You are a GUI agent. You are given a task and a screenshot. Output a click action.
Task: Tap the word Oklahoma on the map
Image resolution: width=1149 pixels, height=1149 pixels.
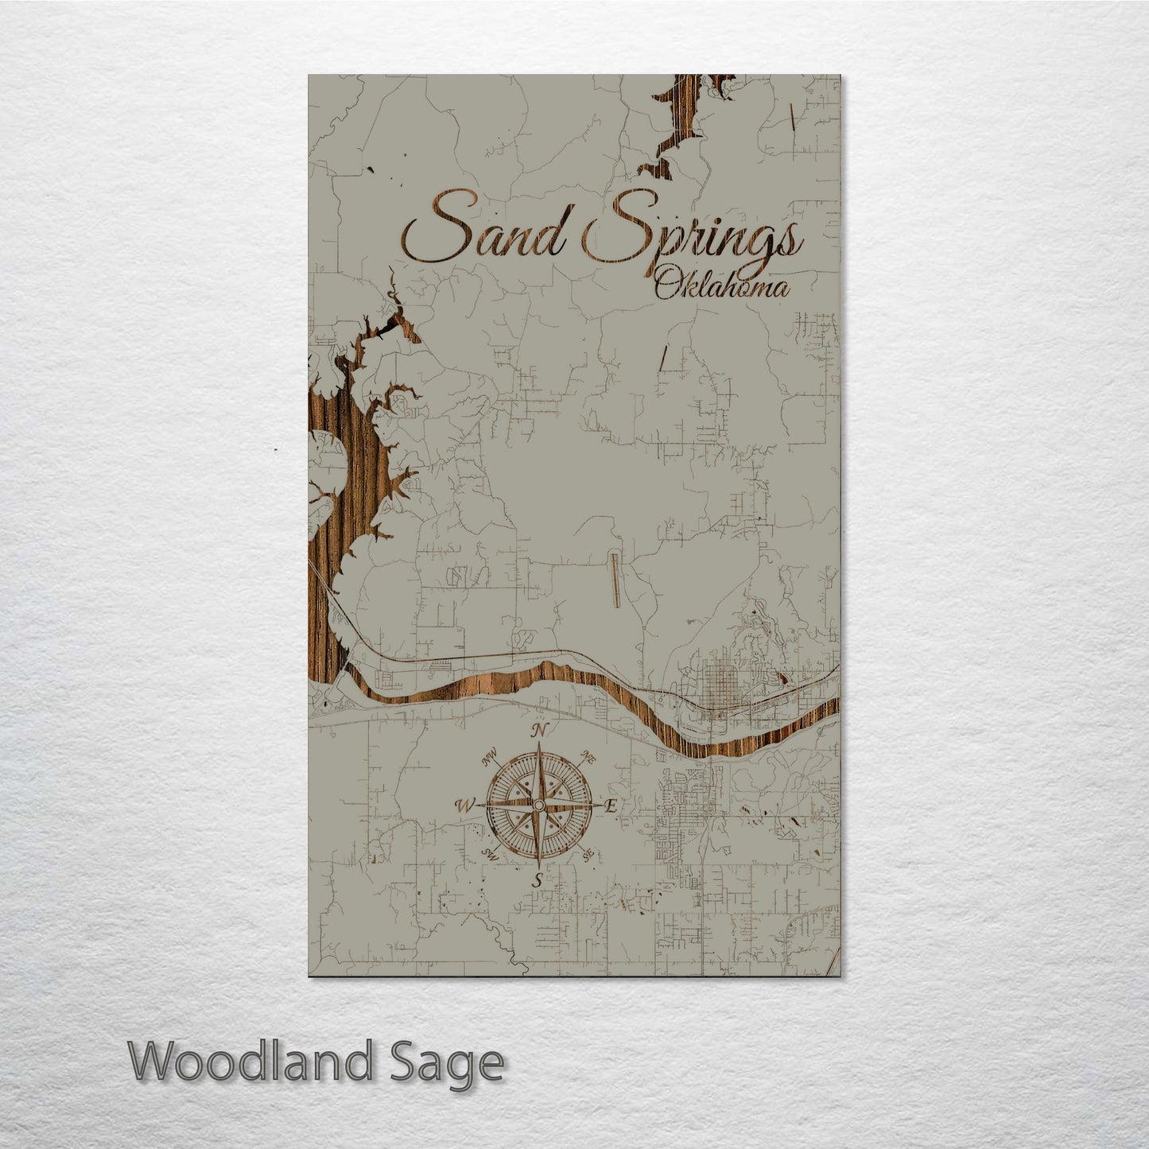click(x=722, y=286)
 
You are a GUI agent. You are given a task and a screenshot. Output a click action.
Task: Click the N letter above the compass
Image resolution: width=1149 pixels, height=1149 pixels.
click(x=540, y=730)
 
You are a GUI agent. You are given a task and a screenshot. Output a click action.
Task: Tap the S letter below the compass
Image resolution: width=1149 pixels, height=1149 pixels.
click(x=538, y=880)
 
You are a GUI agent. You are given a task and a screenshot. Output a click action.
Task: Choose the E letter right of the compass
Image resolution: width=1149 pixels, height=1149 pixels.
click(x=611, y=805)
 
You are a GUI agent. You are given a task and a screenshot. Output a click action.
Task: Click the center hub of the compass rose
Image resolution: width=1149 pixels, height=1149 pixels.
click(x=538, y=805)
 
